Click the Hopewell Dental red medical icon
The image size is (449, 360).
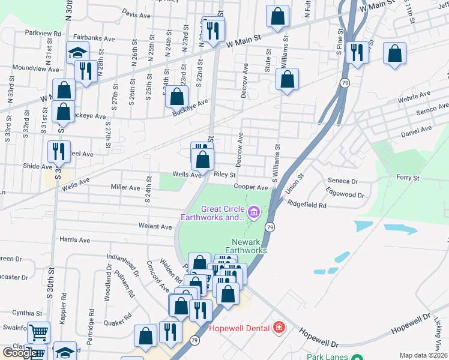pos(279,328)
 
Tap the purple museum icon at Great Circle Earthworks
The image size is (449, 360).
pos(253,211)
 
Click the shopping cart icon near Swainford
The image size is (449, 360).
pos(38,332)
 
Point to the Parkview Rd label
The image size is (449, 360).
pos(43,34)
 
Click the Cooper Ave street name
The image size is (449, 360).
pos(250,187)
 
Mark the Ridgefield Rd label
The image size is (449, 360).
pos(307,205)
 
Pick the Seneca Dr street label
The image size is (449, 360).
pos(343,181)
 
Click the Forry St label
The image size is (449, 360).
pos(407,178)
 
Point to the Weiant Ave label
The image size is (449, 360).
pos(155,226)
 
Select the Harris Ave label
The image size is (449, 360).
pos(75,240)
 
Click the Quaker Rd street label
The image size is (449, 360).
pos(115,321)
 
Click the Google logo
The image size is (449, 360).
pos(20,353)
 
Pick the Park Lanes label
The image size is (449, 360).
pos(328,356)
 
